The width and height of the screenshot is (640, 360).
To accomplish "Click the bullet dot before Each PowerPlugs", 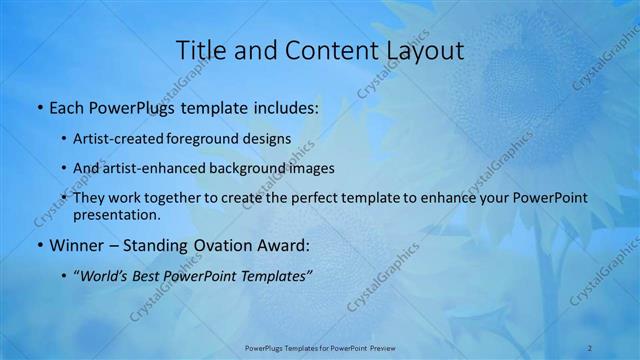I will coord(39,106).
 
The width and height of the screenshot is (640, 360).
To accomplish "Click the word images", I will coord(307,168).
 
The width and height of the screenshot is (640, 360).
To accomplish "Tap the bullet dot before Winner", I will coord(39,245).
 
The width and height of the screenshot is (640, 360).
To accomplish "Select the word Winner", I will coord(77,245).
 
